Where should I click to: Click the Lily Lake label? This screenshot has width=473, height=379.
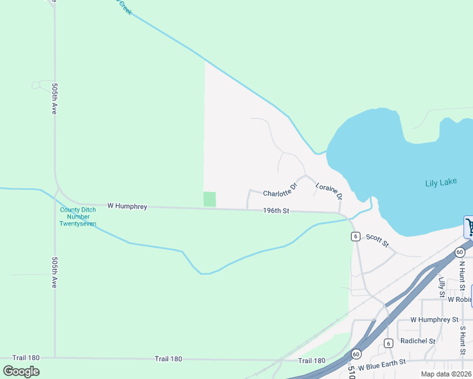[x=441, y=183]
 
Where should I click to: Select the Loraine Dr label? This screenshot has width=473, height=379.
[x=329, y=192]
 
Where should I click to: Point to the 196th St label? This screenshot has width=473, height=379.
[x=276, y=211]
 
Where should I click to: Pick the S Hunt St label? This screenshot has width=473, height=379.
[x=462, y=340]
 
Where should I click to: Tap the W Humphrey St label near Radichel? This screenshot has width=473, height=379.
[x=434, y=320]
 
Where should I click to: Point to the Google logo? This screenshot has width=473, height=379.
[x=21, y=371]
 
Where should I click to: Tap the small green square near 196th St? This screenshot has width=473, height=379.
[x=209, y=199]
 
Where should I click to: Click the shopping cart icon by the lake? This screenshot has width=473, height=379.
[x=469, y=227]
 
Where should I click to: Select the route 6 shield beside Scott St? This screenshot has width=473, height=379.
[x=357, y=236]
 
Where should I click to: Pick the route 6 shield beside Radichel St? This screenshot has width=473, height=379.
[x=388, y=343]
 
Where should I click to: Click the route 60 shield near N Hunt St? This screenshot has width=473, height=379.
[x=458, y=251]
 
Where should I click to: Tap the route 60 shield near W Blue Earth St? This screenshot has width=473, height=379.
[x=357, y=354]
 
